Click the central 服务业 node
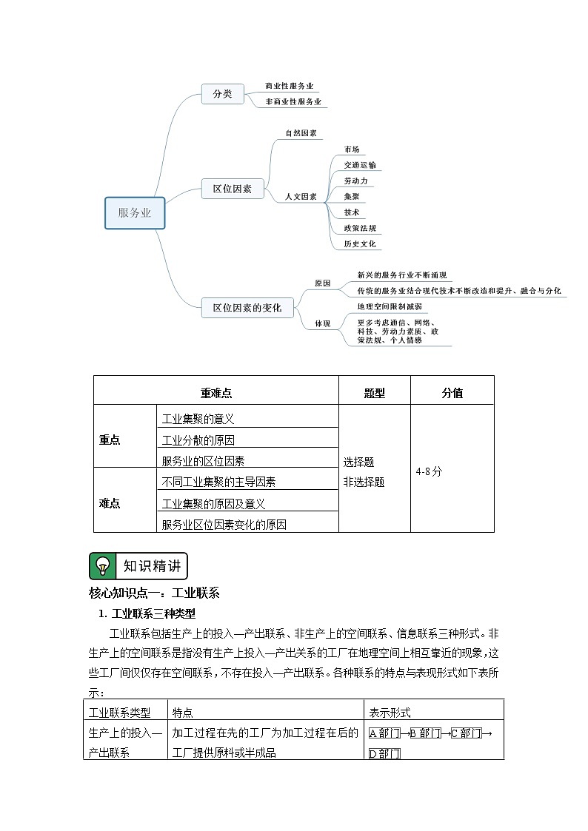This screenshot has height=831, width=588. (135, 213)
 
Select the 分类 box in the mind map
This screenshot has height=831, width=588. (222, 94)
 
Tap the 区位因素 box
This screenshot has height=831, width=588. (233, 189)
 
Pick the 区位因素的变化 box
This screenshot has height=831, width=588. (247, 307)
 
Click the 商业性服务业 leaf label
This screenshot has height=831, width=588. (289, 86)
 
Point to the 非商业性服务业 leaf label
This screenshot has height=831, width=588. (293, 101)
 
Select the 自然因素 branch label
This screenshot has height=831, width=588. (301, 133)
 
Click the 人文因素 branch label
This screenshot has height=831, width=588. (301, 197)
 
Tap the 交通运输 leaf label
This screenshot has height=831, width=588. (359, 165)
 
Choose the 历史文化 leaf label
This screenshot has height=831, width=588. (359, 243)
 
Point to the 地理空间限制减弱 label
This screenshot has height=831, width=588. (390, 306)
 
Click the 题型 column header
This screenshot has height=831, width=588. (375, 394)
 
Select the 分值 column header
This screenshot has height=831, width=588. (452, 394)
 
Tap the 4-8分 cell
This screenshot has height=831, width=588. (429, 471)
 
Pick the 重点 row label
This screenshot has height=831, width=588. (110, 440)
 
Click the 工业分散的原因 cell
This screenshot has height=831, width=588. (198, 440)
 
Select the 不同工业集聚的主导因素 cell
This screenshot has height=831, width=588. (218, 482)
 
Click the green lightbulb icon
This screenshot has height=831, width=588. (103, 566)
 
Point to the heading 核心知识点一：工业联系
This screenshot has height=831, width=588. (153, 593)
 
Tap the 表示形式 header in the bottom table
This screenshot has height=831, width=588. (390, 713)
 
